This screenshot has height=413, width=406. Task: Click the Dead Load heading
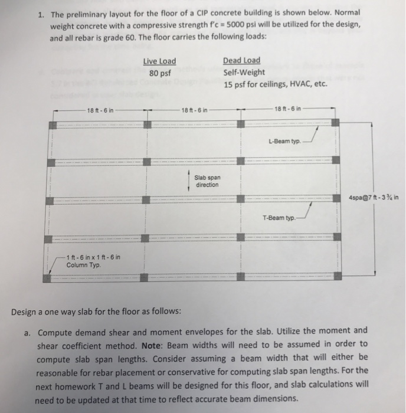point(241,61)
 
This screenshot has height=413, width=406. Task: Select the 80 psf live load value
point(159,73)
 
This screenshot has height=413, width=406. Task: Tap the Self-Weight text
point(244,73)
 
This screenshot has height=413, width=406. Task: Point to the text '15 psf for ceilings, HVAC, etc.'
point(275,84)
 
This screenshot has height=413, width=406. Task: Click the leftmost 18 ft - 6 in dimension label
point(100,110)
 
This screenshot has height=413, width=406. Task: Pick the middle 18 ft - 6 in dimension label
point(195,110)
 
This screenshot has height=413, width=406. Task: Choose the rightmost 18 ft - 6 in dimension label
point(289,109)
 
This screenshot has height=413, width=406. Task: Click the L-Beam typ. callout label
point(284,142)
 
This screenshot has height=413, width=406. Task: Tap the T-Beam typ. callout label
point(279,218)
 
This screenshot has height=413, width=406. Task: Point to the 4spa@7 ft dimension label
point(373,198)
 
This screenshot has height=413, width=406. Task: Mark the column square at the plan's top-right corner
point(335,123)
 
